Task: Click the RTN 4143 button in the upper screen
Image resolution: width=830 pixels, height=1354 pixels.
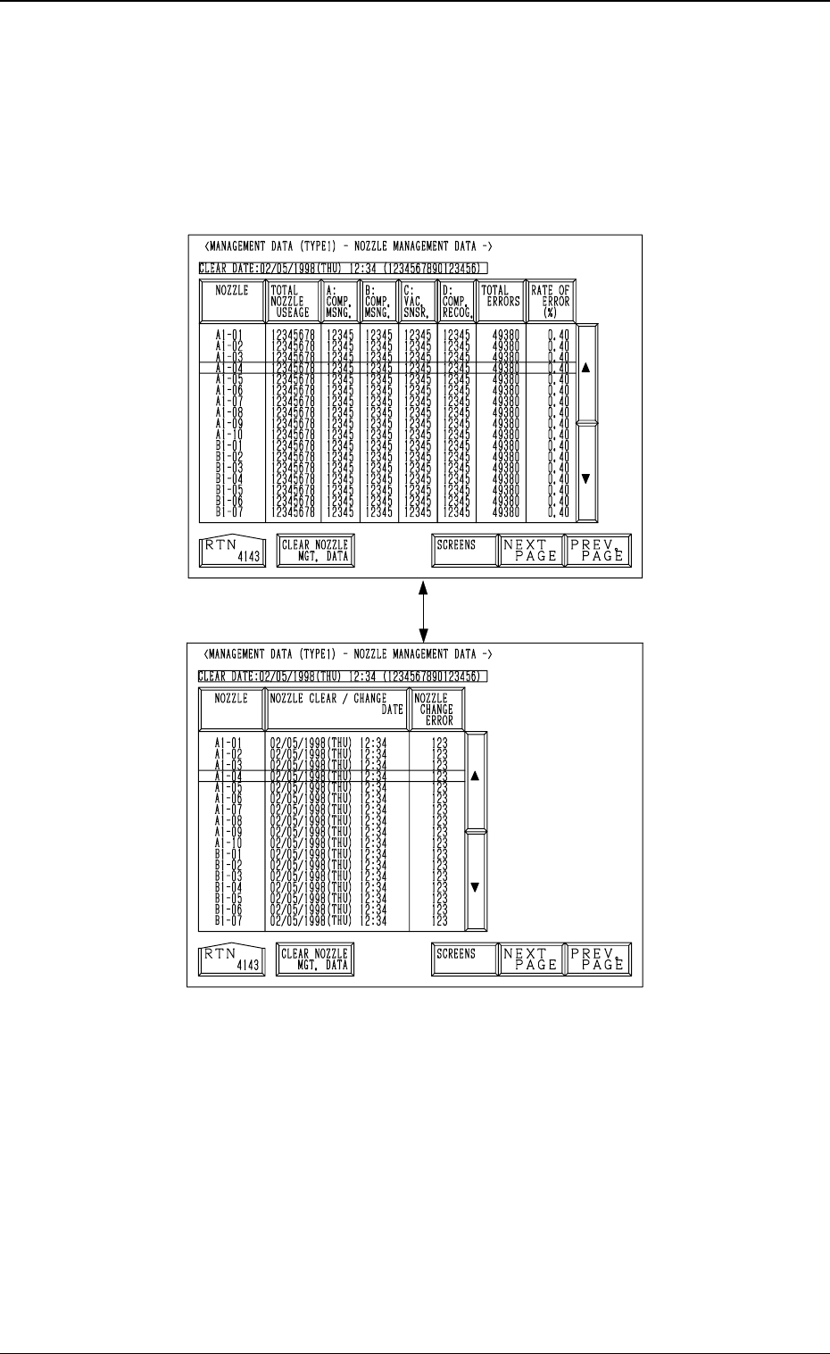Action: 231,551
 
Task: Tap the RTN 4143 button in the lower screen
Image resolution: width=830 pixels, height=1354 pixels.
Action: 231,959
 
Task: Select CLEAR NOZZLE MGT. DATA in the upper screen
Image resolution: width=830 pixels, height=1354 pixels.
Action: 314,551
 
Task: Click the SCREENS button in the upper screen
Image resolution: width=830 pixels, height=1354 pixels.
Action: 463,551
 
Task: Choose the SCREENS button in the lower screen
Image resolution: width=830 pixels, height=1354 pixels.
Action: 463,959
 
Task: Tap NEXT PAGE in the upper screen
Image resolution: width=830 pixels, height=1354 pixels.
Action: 529,551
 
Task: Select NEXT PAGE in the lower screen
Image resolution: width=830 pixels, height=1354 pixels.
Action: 529,959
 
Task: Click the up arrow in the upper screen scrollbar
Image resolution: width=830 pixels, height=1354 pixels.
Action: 586,368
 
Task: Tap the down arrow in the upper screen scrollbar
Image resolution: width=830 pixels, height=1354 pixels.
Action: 586,478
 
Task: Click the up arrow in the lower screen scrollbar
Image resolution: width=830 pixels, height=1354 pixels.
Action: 475,777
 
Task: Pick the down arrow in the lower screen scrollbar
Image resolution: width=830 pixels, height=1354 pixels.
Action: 475,887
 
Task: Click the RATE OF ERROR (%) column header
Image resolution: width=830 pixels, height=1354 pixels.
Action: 550,302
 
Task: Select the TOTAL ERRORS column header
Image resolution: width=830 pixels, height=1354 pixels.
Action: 500,302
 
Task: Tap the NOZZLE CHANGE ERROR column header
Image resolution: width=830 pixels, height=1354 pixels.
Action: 436,710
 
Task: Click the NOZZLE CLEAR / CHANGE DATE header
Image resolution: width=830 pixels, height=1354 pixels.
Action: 336,710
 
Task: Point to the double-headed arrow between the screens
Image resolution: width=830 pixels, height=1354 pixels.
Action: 425,612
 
